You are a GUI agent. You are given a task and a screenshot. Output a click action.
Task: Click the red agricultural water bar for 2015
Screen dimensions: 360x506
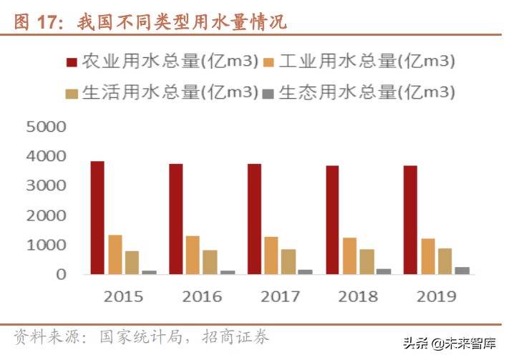click(x=97, y=218)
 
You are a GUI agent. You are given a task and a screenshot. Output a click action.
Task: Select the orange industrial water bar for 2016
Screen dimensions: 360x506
click(x=193, y=255)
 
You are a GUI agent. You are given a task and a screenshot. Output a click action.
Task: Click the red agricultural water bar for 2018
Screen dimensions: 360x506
click(x=332, y=220)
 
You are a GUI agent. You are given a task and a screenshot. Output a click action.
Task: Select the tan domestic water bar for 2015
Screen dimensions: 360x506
click(x=132, y=263)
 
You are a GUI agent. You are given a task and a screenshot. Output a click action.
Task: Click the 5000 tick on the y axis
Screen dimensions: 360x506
click(x=46, y=127)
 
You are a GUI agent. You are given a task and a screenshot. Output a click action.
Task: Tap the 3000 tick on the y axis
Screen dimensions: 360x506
click(x=46, y=186)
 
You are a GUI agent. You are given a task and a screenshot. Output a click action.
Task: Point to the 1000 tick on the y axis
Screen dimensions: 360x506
click(x=46, y=245)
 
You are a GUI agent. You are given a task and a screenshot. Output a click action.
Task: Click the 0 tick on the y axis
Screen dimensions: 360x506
click(x=61, y=274)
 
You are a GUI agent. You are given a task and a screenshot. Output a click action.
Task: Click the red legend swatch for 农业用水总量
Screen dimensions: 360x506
click(x=72, y=62)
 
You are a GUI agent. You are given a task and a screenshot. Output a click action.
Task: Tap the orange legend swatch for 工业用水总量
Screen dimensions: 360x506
click(x=268, y=62)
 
